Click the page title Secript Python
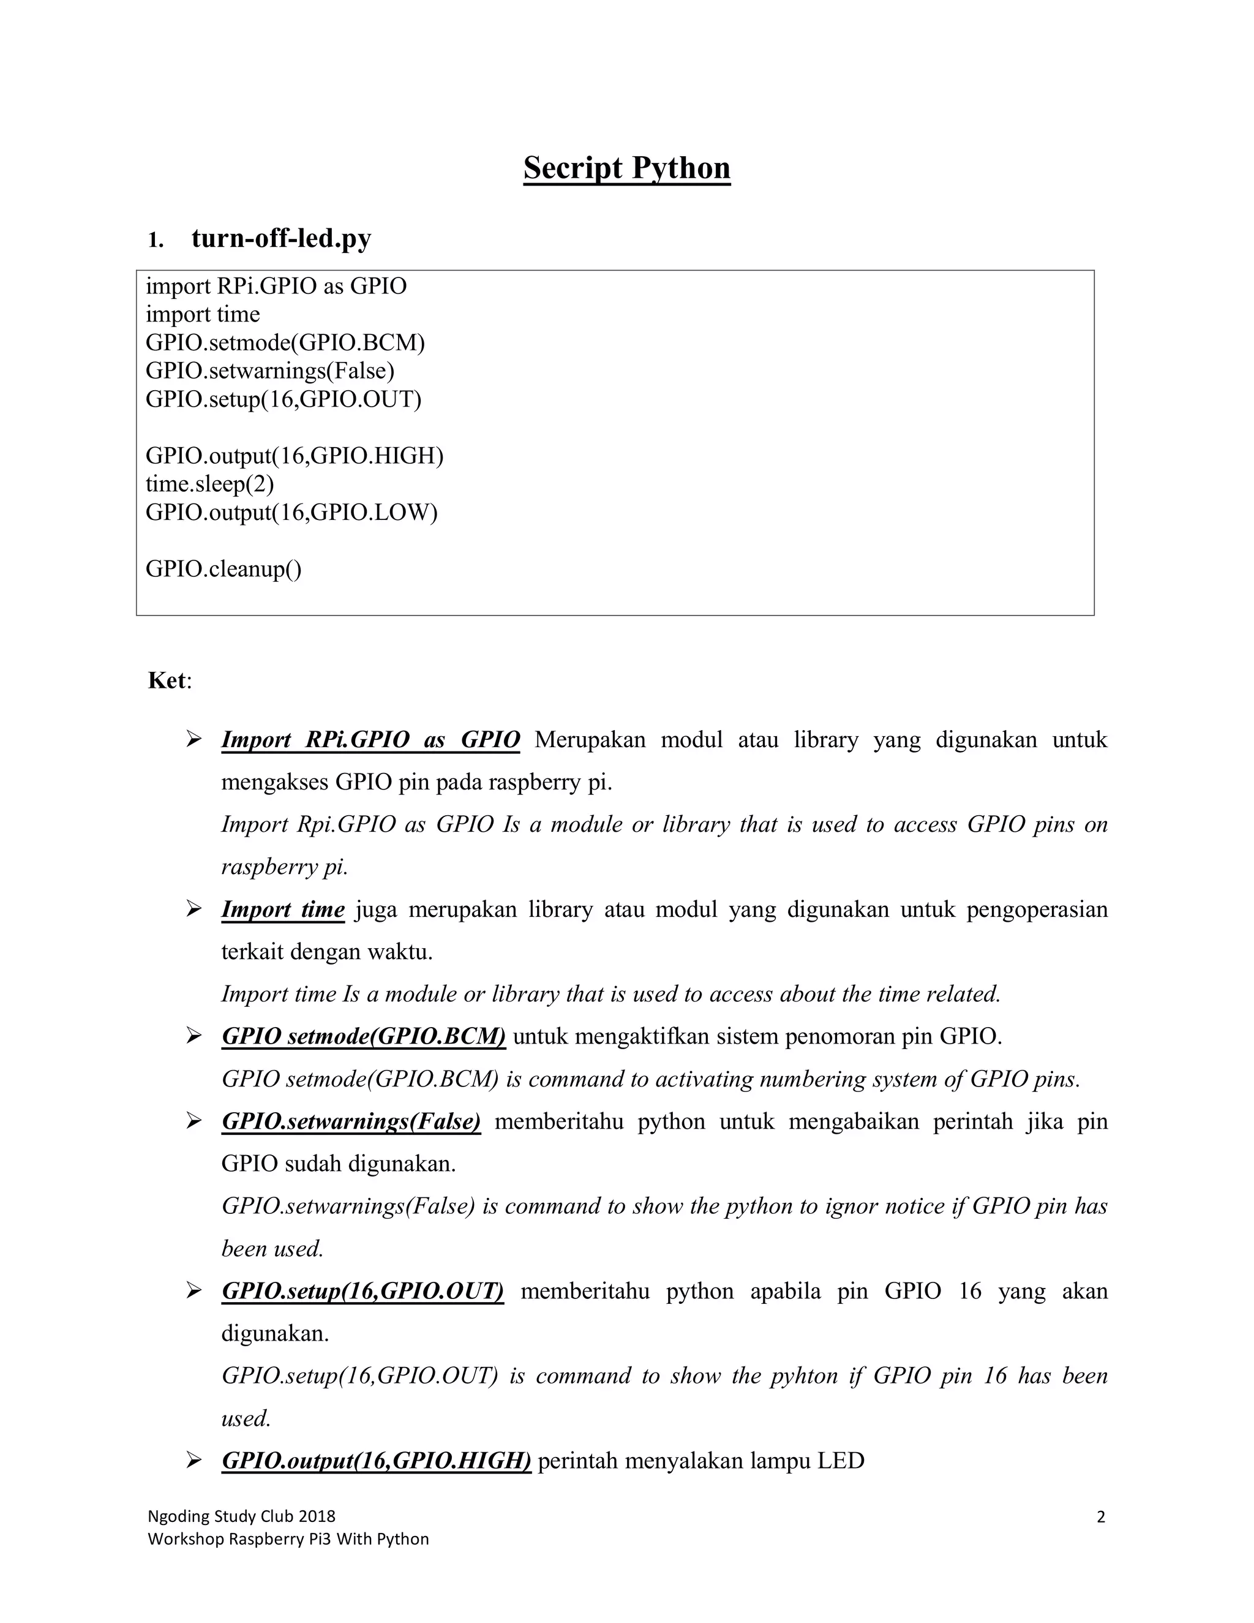pos(626,168)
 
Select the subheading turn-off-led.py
pos(281,238)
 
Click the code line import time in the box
pos(202,314)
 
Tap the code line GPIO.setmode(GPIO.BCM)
pos(285,342)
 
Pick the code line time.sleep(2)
pos(209,484)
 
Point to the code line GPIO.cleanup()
pos(223,568)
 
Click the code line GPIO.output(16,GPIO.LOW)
pos(291,512)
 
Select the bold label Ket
pos(167,680)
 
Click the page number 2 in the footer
pos(1100,1516)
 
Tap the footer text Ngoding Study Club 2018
pos(241,1516)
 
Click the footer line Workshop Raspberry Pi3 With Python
pos(288,1538)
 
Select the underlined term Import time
pos(283,909)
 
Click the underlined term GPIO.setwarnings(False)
pos(351,1121)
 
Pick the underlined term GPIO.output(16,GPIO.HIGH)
pos(376,1460)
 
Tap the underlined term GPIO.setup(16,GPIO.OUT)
pos(362,1291)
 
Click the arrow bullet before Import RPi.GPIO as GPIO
pos(194,739)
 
